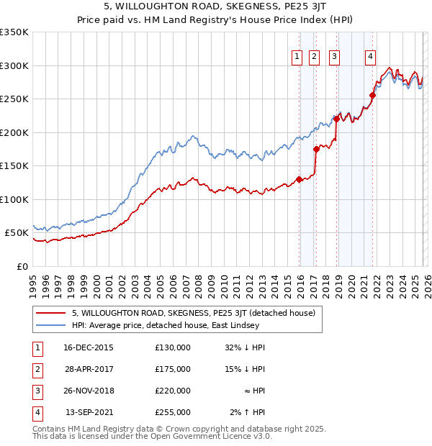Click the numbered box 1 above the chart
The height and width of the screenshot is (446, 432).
click(297, 58)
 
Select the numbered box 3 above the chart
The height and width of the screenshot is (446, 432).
click(335, 58)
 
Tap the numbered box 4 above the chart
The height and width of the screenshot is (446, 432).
click(370, 58)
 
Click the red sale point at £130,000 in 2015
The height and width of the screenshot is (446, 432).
click(299, 180)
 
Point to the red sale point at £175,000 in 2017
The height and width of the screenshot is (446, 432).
click(317, 150)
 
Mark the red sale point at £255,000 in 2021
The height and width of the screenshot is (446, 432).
click(373, 95)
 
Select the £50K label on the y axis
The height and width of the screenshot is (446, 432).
click(17, 233)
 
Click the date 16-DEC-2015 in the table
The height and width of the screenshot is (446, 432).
click(89, 347)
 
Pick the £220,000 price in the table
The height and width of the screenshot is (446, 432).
click(173, 391)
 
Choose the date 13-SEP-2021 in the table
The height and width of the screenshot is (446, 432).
click(89, 413)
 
